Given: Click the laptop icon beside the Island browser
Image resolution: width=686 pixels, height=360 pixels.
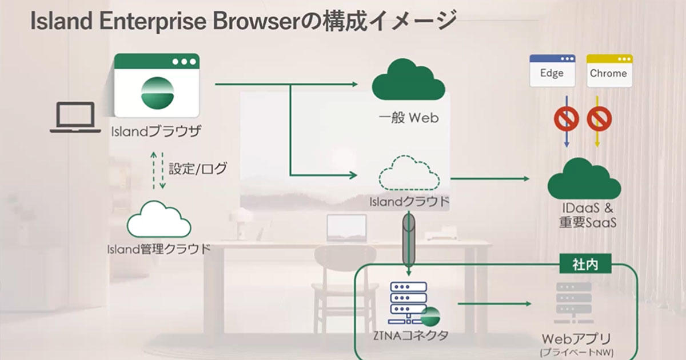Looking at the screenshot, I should (x=71, y=118).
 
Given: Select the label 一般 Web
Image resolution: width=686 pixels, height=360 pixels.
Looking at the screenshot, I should (x=408, y=118).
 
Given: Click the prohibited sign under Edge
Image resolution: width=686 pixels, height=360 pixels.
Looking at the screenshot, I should (x=566, y=119).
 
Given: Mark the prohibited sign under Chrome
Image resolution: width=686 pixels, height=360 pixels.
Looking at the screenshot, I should (x=599, y=119).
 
